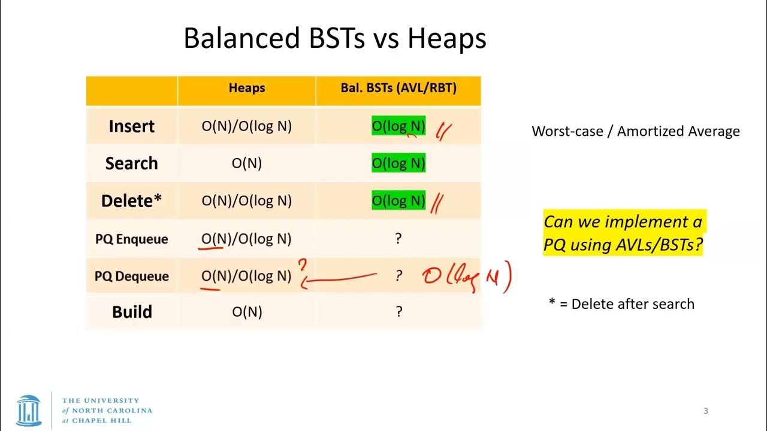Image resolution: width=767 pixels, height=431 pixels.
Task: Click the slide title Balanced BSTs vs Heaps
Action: click(x=334, y=38)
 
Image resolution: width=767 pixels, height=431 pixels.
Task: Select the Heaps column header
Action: click(x=246, y=88)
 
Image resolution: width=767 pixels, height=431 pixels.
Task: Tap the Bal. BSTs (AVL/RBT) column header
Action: click(x=398, y=88)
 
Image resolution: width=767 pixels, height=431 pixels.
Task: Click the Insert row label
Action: click(x=131, y=126)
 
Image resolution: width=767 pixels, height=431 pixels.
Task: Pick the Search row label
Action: click(x=131, y=163)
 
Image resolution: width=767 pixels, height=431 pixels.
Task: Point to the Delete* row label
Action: click(x=131, y=201)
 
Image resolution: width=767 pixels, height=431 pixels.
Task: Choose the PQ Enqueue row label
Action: click(x=131, y=239)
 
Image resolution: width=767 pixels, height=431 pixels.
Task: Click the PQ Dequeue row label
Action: click(x=131, y=276)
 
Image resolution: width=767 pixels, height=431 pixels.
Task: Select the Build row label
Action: click(x=131, y=312)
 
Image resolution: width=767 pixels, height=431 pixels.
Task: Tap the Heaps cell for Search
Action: click(x=246, y=163)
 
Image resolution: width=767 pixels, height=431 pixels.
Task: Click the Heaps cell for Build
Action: click(x=246, y=312)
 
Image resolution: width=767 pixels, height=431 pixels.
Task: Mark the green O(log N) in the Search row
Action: click(x=398, y=163)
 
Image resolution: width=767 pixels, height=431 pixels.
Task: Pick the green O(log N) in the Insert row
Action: click(x=398, y=126)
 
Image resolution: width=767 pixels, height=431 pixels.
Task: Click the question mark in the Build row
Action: click(x=398, y=312)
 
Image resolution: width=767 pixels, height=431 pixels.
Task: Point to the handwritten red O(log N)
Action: click(x=466, y=277)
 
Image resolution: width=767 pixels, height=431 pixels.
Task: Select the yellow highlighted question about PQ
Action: click(x=623, y=233)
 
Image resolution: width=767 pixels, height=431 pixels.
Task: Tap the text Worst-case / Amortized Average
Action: click(x=636, y=132)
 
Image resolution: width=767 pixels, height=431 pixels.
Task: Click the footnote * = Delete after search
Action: click(x=621, y=303)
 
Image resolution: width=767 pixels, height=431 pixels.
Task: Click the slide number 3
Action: click(x=705, y=411)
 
